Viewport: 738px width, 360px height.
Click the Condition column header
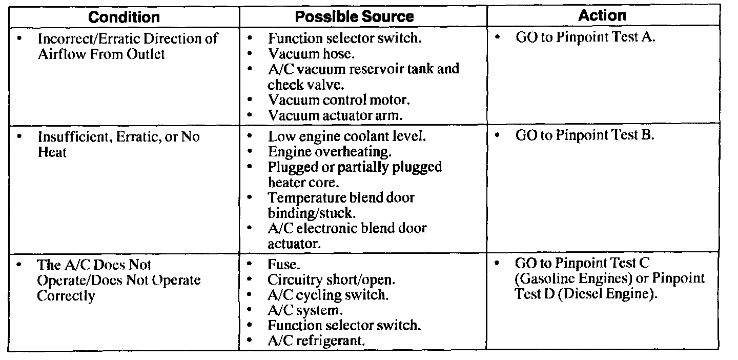(124, 17)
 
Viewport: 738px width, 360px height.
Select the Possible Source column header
(354, 17)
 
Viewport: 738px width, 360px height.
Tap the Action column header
(603, 15)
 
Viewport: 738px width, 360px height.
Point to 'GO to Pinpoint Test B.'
(585, 136)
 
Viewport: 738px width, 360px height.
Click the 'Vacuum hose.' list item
(311, 53)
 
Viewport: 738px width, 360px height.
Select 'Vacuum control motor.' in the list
(339, 99)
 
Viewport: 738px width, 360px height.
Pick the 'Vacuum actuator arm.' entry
(335, 115)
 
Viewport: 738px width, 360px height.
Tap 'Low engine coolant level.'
(346, 137)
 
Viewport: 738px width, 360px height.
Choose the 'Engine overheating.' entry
(330, 152)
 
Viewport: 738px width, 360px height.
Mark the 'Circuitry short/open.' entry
(331, 280)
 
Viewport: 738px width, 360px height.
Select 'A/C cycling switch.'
(327, 295)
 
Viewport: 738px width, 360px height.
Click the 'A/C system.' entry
(305, 310)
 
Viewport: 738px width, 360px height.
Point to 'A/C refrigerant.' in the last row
(316, 341)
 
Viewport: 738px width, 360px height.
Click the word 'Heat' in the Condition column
(52, 152)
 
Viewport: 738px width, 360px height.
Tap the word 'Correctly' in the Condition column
(66, 296)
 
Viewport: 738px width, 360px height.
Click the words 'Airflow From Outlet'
(101, 54)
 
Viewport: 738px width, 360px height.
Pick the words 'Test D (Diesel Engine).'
(586, 295)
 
